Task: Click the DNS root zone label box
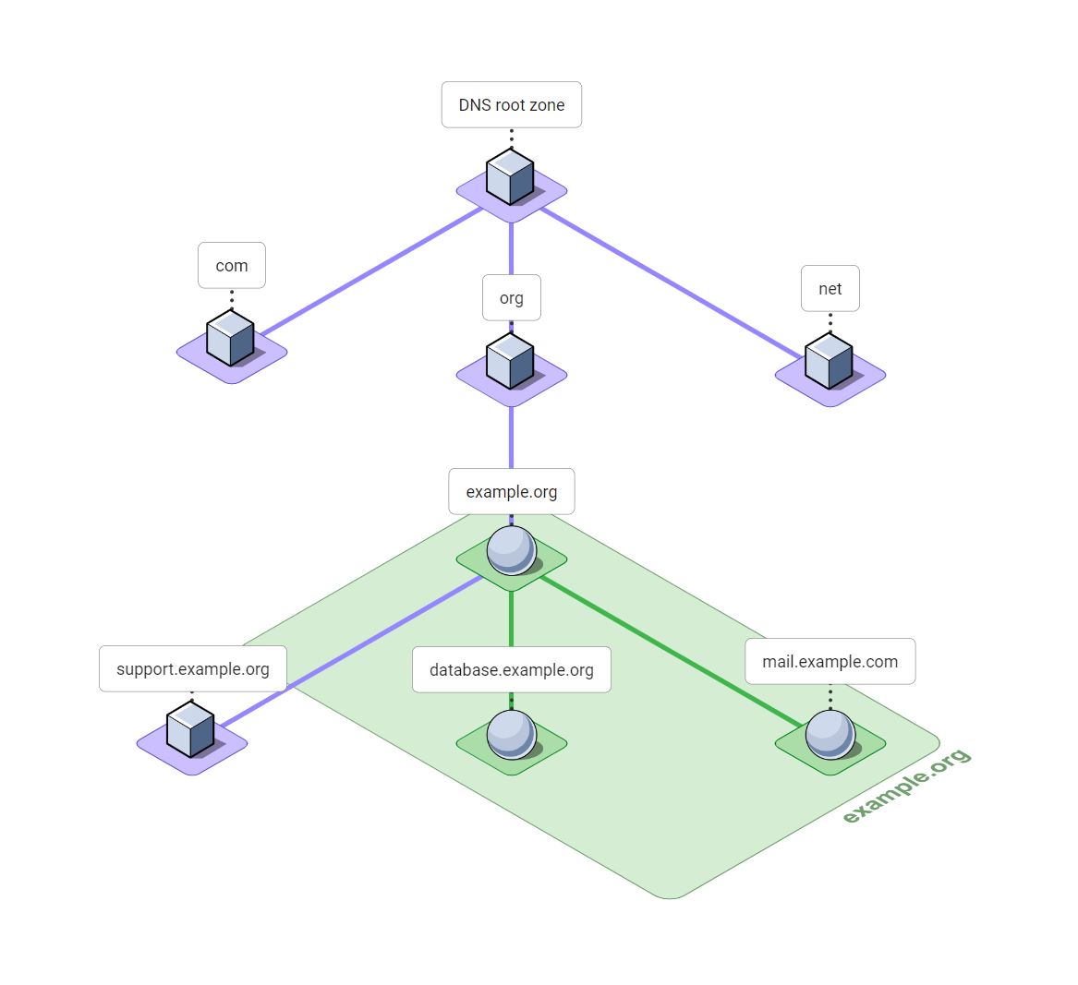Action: click(511, 105)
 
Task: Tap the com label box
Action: click(232, 266)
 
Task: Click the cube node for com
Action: click(230, 338)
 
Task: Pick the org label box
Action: click(511, 298)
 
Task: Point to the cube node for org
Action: click(511, 361)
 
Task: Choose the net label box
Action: click(830, 289)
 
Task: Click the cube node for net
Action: click(829, 361)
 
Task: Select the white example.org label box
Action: click(511, 492)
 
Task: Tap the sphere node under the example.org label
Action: click(511, 550)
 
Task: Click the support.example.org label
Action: click(192, 669)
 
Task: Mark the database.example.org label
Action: click(511, 670)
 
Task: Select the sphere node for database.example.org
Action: click(511, 734)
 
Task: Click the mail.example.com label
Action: click(830, 662)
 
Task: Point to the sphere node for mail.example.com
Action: click(830, 734)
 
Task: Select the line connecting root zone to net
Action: click(670, 283)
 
